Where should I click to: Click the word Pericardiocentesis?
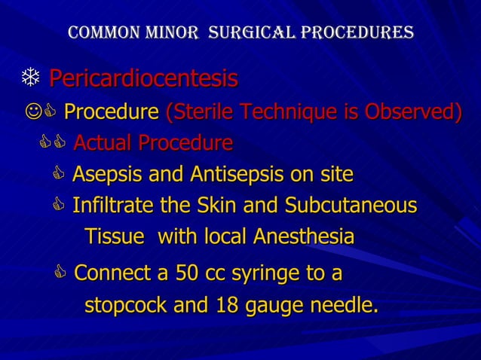143,78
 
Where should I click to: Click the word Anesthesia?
304,236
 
